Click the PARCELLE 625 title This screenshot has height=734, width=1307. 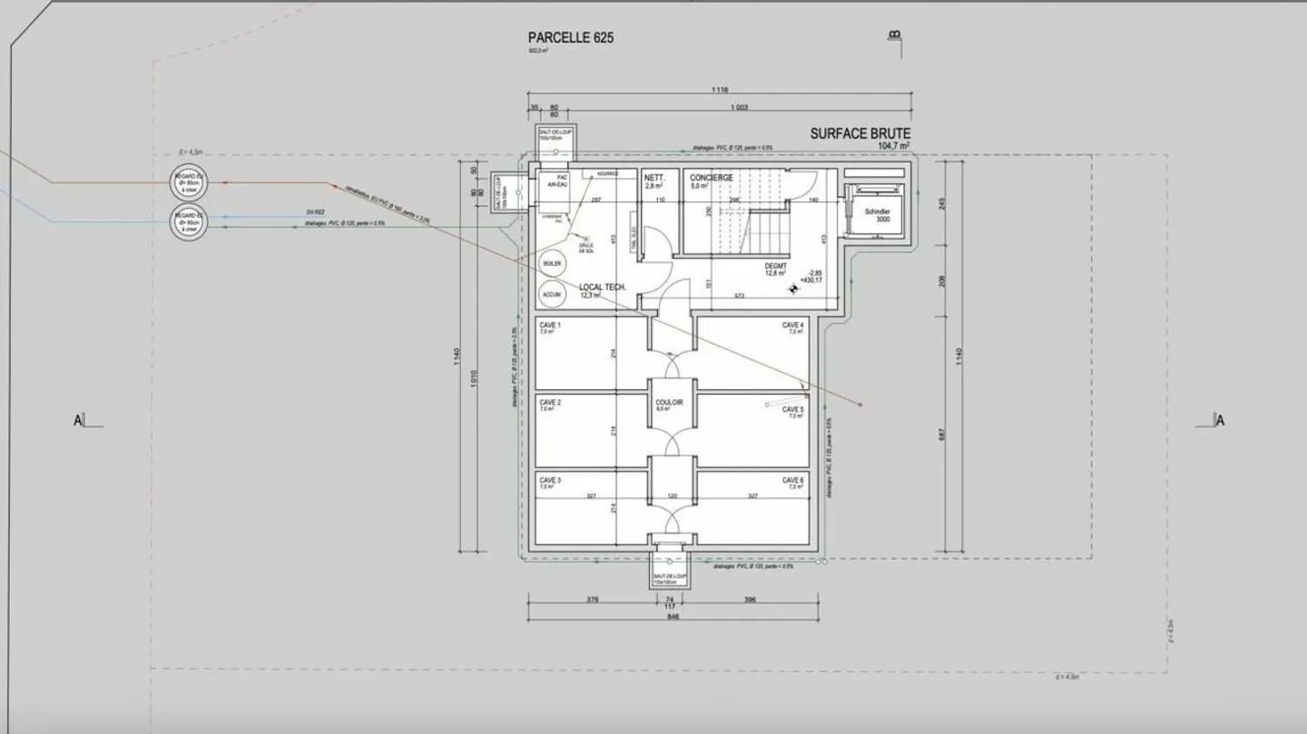(571, 38)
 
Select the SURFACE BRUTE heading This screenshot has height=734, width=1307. (860, 134)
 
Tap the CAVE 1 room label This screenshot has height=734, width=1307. (551, 325)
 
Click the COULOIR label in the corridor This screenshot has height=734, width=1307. (669, 402)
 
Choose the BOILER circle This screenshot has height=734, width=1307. (552, 263)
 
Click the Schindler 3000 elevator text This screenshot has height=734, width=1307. (877, 215)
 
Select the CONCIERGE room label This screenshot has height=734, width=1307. (712, 178)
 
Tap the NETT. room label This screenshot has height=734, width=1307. (654, 178)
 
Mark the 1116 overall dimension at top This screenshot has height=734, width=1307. (720, 90)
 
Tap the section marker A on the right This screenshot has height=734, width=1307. (1220, 420)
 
